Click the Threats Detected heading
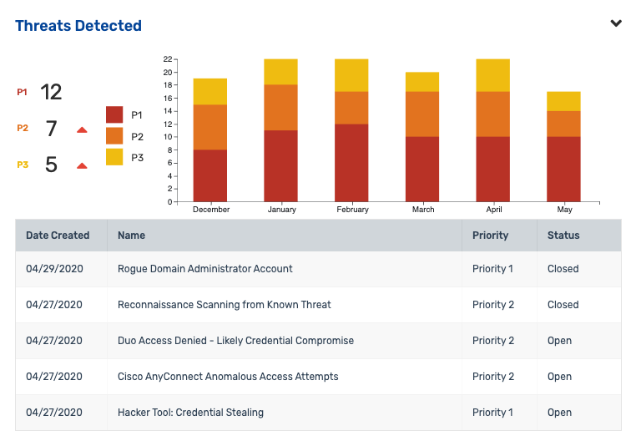(78, 26)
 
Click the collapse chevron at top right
(616, 23)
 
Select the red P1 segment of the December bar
(210, 175)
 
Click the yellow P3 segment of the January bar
(281, 72)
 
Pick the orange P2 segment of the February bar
(351, 108)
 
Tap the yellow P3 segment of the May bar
(563, 102)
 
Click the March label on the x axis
(423, 210)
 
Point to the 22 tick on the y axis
(168, 59)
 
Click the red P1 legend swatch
(115, 115)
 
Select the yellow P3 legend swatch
(115, 157)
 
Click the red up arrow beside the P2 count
(82, 130)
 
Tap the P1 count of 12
(51, 92)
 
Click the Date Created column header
(58, 236)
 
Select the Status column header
(563, 236)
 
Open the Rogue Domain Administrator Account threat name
(205, 269)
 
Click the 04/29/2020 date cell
(54, 269)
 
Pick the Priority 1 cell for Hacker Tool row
(492, 413)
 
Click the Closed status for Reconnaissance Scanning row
(563, 305)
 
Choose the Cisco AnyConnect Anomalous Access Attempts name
(228, 377)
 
